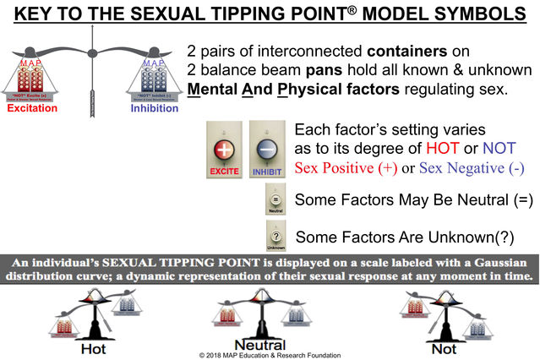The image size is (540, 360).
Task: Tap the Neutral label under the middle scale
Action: click(259, 345)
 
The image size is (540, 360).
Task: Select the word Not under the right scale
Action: click(443, 347)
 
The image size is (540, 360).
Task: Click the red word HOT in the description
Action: click(436, 150)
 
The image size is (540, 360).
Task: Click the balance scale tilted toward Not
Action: click(444, 309)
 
